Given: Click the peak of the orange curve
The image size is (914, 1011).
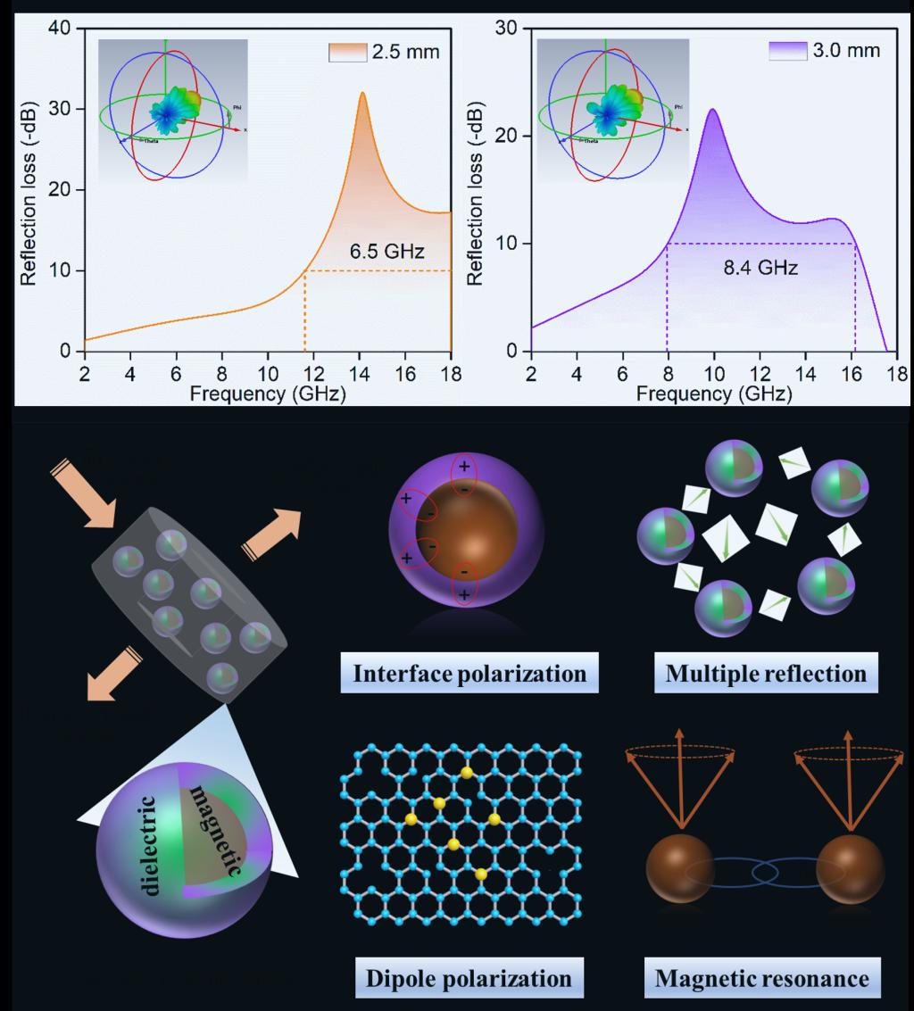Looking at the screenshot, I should coord(362,94).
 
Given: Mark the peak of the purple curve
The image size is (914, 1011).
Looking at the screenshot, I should coord(713,110).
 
